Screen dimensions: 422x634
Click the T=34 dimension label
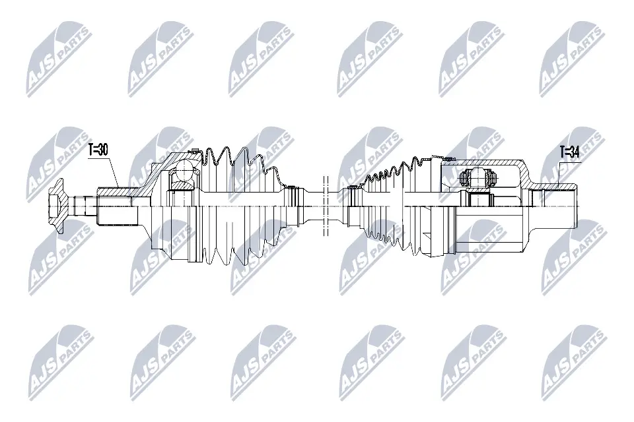(x=569, y=153)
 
